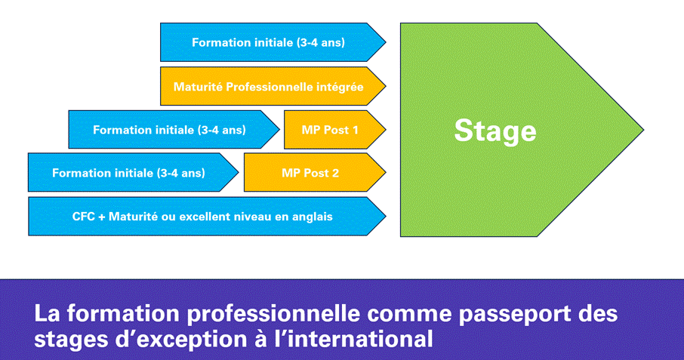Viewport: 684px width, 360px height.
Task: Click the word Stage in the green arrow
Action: point(495,131)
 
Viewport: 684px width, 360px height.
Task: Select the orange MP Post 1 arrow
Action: point(334,130)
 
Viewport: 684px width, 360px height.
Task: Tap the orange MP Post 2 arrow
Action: point(315,173)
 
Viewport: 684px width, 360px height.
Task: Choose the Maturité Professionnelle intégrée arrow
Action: point(273,86)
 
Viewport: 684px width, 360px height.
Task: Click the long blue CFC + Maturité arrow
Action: point(207,217)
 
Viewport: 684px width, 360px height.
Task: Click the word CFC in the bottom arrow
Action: point(83,217)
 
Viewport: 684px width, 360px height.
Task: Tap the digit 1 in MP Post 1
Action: point(355,130)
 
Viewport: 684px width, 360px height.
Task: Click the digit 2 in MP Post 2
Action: point(335,173)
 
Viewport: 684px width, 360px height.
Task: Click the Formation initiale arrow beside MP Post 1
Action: point(174,130)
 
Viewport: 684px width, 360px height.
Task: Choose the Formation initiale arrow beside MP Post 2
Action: point(133,172)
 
